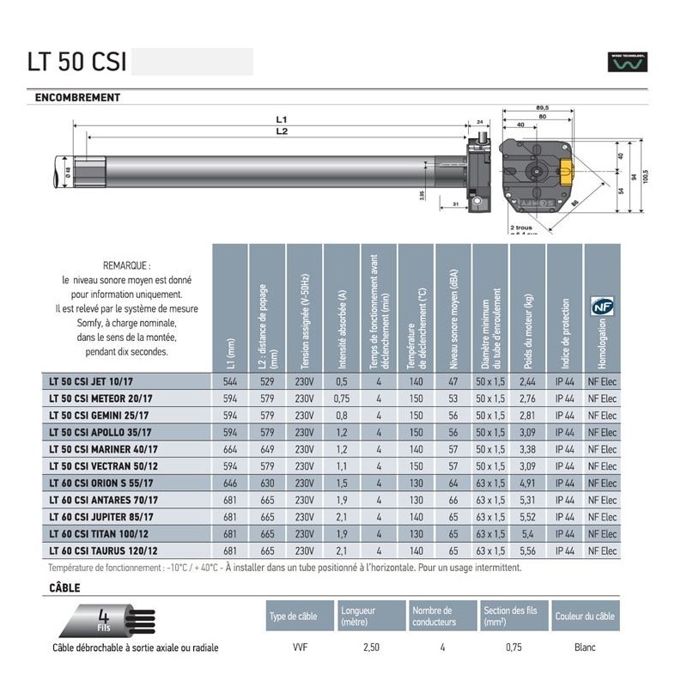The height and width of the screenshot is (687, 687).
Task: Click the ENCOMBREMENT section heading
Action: [77, 98]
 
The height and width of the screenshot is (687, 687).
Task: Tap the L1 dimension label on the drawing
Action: [281, 119]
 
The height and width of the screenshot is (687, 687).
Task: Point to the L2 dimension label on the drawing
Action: [281, 131]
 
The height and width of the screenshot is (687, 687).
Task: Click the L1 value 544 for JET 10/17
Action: [229, 381]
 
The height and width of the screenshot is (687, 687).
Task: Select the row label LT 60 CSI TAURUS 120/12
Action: [108, 550]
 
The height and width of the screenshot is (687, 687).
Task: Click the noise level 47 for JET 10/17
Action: [453, 381]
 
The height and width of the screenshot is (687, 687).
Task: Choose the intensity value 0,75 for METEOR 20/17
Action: [342, 398]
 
